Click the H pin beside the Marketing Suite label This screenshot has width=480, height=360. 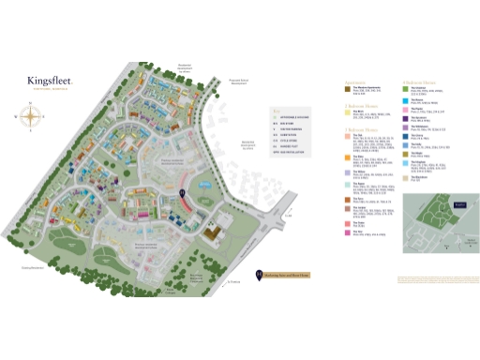(x=258, y=275)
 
